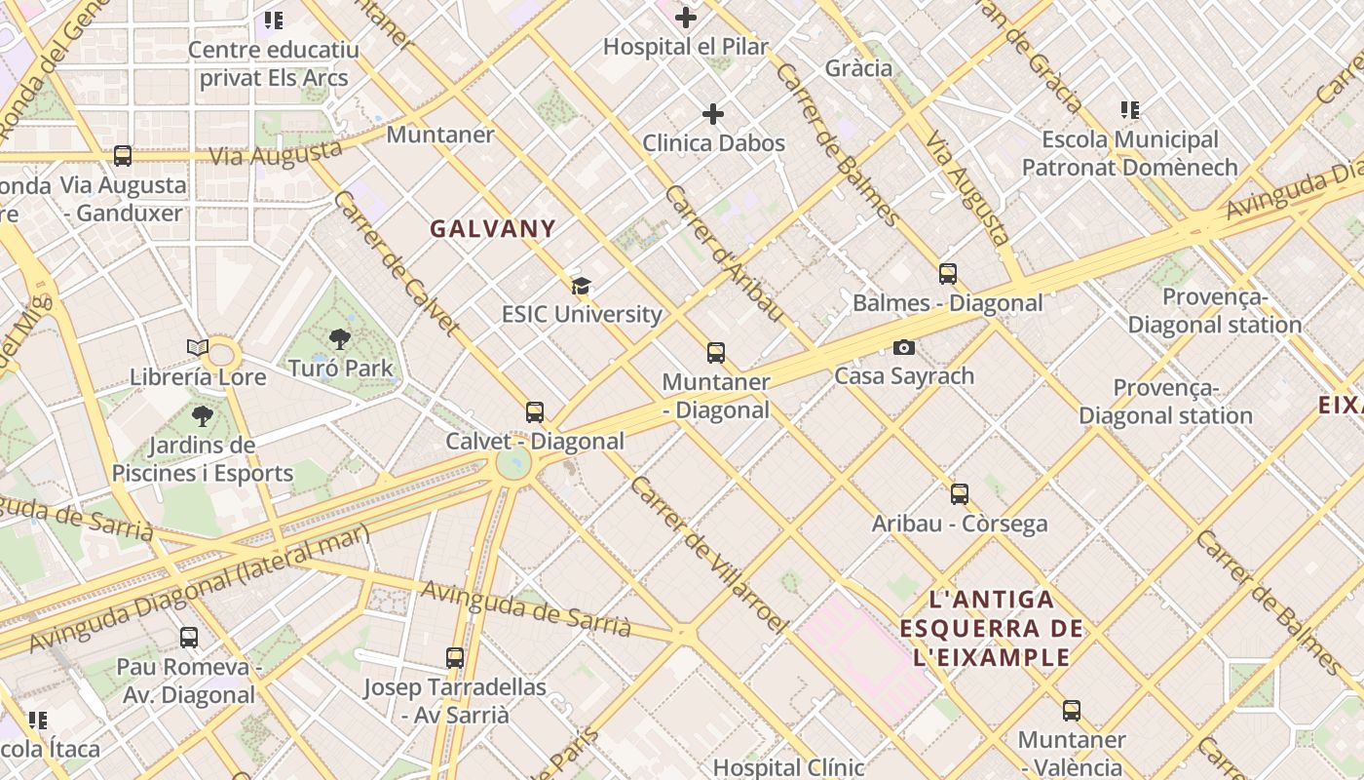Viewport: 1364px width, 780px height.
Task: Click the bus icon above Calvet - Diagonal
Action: pyautogui.click(x=535, y=412)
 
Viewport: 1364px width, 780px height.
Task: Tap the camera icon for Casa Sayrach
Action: pyautogui.click(x=904, y=347)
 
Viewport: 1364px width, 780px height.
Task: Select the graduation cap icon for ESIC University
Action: pyautogui.click(x=582, y=286)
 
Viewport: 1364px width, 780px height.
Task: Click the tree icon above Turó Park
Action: pyautogui.click(x=340, y=339)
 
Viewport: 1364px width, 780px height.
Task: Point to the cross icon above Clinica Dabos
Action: pyautogui.click(x=713, y=114)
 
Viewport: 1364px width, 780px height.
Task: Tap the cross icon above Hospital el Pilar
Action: pyautogui.click(x=686, y=18)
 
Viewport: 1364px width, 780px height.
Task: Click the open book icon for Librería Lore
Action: pyautogui.click(x=198, y=348)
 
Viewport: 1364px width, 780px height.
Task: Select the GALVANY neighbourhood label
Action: pyautogui.click(x=493, y=229)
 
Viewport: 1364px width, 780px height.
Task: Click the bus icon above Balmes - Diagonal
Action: pyautogui.click(x=948, y=274)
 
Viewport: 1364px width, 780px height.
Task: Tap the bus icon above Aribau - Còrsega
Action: pyautogui.click(x=960, y=494)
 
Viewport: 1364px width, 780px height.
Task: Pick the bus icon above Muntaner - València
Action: pyautogui.click(x=1072, y=711)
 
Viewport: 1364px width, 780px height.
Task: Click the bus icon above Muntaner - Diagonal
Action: pyautogui.click(x=716, y=353)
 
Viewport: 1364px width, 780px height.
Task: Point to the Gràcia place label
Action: pyautogui.click(x=858, y=67)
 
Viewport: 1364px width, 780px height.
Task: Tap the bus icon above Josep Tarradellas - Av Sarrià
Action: pyautogui.click(x=455, y=658)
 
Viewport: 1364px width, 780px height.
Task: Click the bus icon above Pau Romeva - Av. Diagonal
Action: pyautogui.click(x=189, y=638)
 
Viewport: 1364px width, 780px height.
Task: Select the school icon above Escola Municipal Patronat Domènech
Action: pyautogui.click(x=1130, y=110)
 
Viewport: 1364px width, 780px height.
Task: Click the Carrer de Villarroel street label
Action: pyautogui.click(x=707, y=553)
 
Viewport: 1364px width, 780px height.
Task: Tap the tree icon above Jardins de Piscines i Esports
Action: pyautogui.click(x=202, y=417)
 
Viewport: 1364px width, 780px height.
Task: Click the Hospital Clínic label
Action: pyautogui.click(x=788, y=767)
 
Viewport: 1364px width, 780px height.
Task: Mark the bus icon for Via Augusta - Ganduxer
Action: pyautogui.click(x=123, y=156)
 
